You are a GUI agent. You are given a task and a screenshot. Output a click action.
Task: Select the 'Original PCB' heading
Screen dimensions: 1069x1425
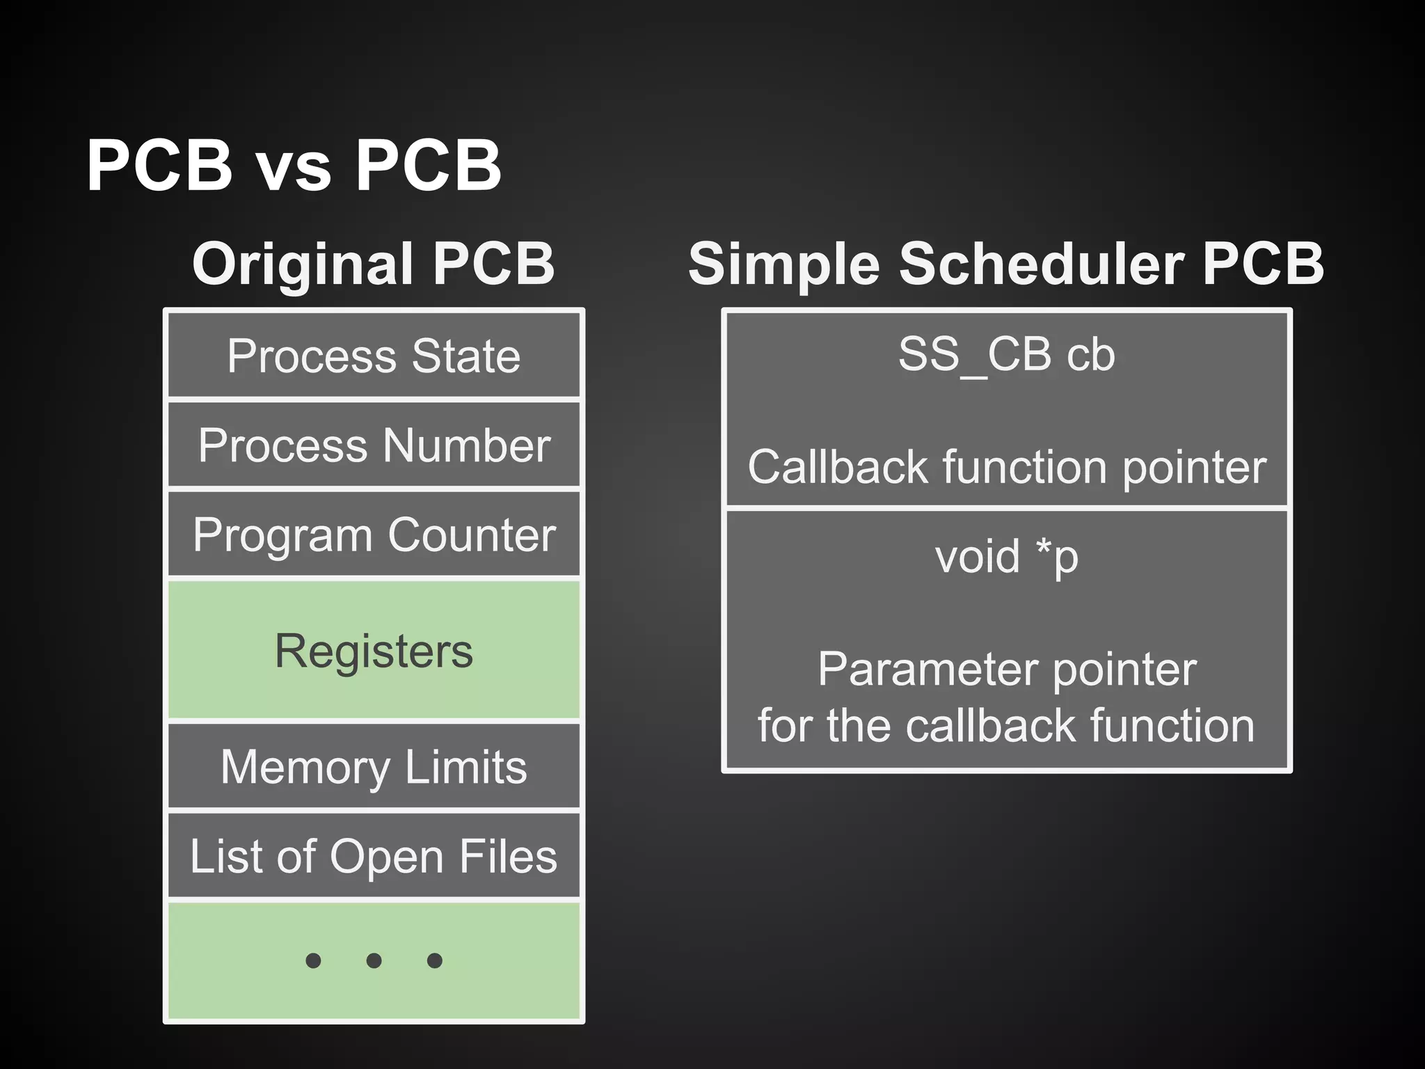point(373,264)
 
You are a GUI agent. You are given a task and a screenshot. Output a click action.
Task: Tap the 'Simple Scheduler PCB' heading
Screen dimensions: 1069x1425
point(1005,264)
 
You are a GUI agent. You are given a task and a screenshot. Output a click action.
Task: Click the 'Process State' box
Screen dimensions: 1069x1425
point(374,356)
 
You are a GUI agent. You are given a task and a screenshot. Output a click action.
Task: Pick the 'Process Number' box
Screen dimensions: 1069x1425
point(374,445)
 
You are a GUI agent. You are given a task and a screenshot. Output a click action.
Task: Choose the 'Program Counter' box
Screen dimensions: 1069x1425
point(374,534)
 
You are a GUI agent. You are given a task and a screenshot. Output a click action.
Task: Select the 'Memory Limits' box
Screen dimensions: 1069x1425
point(374,766)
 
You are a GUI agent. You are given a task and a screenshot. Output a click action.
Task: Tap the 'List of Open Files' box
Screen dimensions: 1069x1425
point(374,856)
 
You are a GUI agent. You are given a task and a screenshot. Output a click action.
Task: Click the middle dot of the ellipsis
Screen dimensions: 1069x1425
point(374,961)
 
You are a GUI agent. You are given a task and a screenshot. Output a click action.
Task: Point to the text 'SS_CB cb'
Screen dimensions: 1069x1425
point(1006,355)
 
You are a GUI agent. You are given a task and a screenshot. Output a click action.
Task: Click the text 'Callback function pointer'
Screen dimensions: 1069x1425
point(1006,466)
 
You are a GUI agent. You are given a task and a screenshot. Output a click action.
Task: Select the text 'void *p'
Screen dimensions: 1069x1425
point(1006,557)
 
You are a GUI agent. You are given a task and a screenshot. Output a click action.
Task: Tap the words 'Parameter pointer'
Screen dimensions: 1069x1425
point(1006,670)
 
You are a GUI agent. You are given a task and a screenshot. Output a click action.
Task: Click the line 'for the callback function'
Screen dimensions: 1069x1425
point(1006,726)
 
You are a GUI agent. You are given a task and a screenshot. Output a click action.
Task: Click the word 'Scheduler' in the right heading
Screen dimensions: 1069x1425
point(1042,264)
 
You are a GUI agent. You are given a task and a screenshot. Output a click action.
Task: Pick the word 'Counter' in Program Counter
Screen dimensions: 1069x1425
point(472,534)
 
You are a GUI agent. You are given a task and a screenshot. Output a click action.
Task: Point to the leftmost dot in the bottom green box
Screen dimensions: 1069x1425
point(313,961)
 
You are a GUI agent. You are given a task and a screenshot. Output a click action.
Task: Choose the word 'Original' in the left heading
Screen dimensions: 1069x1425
point(304,264)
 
